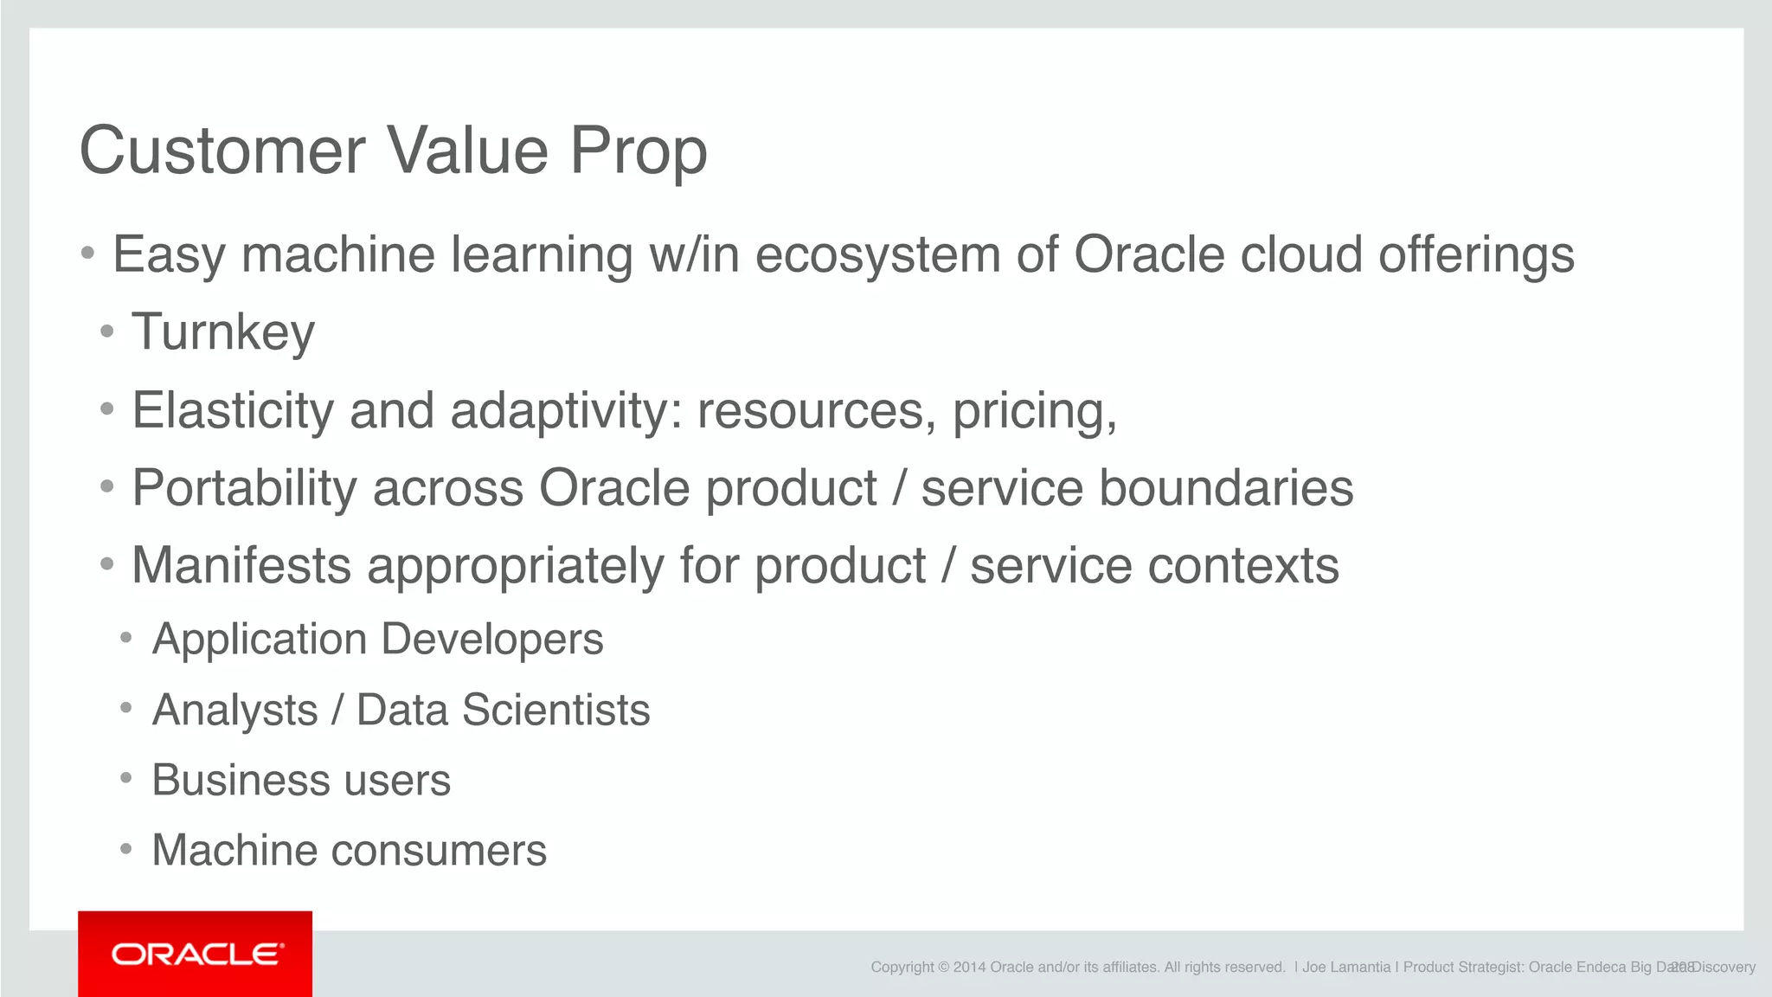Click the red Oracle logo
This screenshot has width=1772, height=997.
coord(196,954)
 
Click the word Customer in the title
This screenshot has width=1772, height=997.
coord(222,151)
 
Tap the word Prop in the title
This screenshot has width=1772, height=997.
coord(638,151)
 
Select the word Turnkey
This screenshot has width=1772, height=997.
coord(223,332)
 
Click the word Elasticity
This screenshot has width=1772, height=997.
coord(232,410)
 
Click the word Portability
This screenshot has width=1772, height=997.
coord(243,488)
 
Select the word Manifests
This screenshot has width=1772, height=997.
coord(241,566)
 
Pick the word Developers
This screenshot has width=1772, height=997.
coord(491,640)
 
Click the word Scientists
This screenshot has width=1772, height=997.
coord(555,711)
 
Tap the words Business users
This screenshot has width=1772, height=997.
coord(301,781)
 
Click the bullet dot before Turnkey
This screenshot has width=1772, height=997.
coord(107,332)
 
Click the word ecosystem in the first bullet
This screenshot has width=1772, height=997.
coord(877,256)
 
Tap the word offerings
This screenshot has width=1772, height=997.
coord(1476,256)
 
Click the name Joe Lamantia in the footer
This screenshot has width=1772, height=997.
coord(1345,968)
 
